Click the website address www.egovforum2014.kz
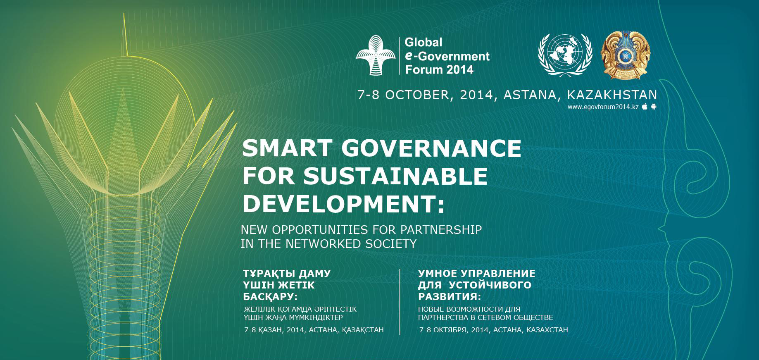(603, 107)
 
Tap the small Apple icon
(645, 107)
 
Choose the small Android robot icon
(654, 107)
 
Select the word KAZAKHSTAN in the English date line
(612, 95)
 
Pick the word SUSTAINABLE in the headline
(395, 176)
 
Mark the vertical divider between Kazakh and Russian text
(400, 302)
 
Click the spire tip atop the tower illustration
(124, 14)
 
